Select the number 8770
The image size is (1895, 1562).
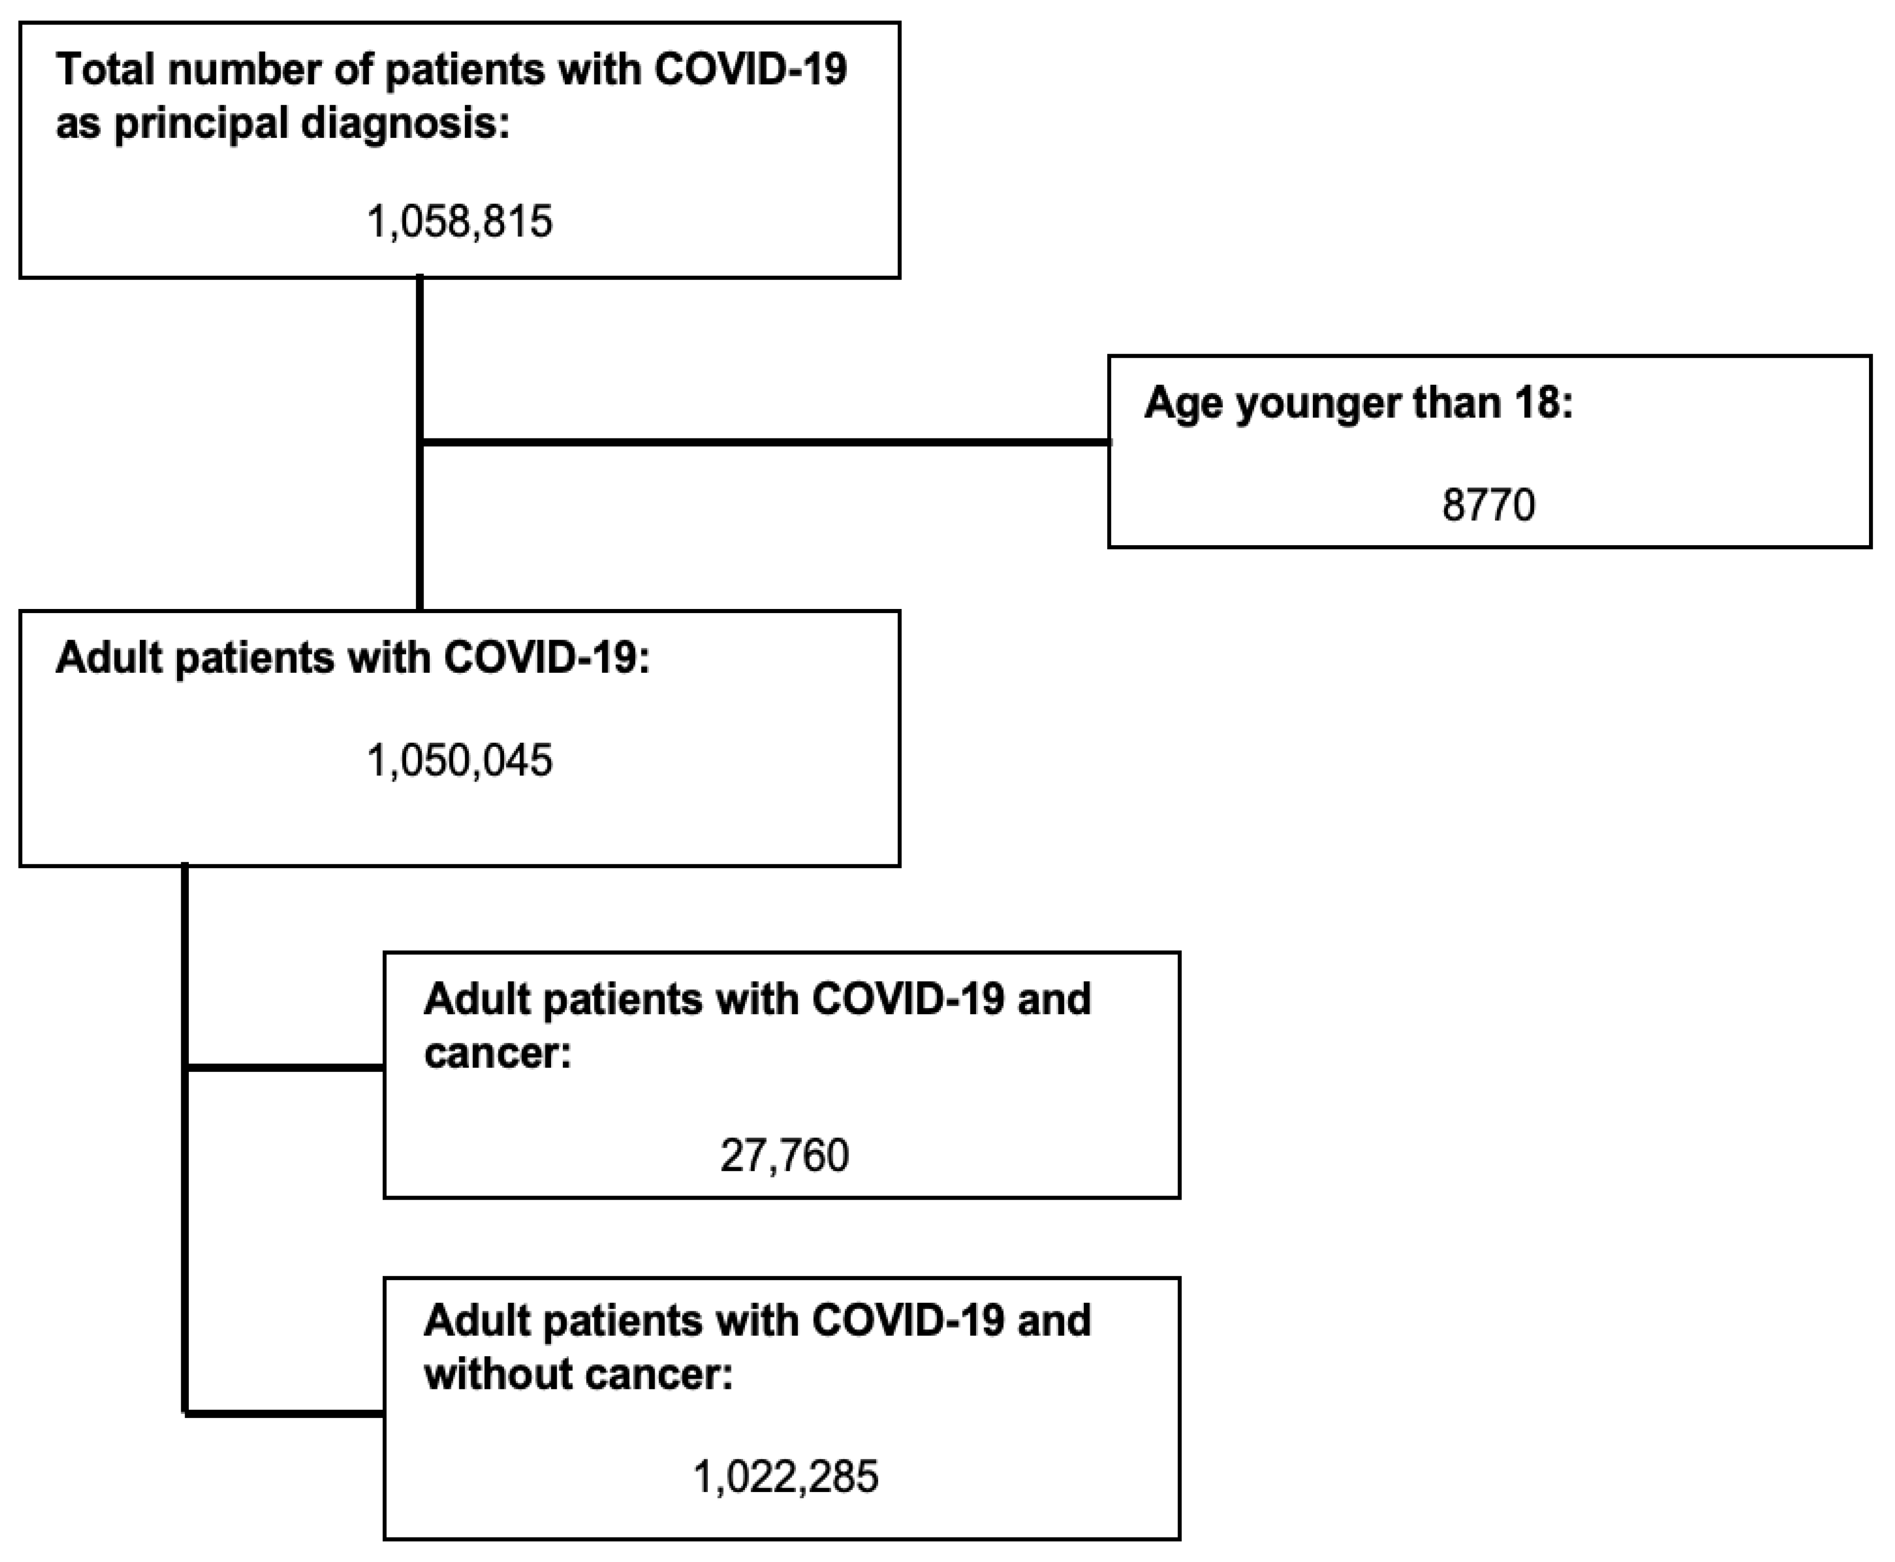1488,505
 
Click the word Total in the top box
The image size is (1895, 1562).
104,70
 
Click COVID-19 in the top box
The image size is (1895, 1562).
750,70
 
